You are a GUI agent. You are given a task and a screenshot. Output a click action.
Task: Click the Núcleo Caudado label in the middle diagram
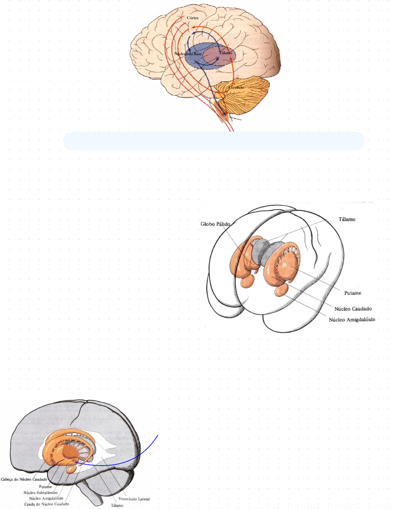click(355, 309)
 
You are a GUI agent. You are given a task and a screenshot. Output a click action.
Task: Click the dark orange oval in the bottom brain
click(69, 453)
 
